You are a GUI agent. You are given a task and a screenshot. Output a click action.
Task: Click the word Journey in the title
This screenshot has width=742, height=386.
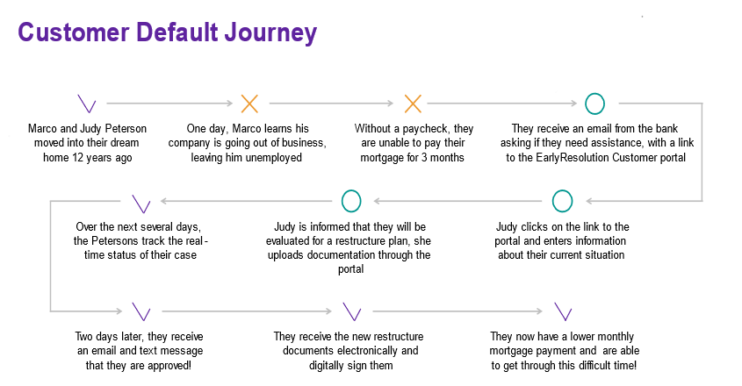[x=270, y=33]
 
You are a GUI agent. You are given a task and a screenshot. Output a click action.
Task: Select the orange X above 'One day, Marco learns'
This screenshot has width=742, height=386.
[x=249, y=104]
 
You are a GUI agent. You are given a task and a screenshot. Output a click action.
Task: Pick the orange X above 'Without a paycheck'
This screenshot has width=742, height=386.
[x=413, y=104]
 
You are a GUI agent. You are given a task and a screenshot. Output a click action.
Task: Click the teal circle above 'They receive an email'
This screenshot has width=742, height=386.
[x=594, y=95]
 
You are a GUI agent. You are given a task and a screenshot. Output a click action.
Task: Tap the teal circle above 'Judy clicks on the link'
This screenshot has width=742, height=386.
[x=562, y=191]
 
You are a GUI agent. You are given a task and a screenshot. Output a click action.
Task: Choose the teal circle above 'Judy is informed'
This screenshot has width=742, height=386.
[x=351, y=191]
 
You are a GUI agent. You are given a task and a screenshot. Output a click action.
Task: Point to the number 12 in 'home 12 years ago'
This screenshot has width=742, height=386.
[x=77, y=158]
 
